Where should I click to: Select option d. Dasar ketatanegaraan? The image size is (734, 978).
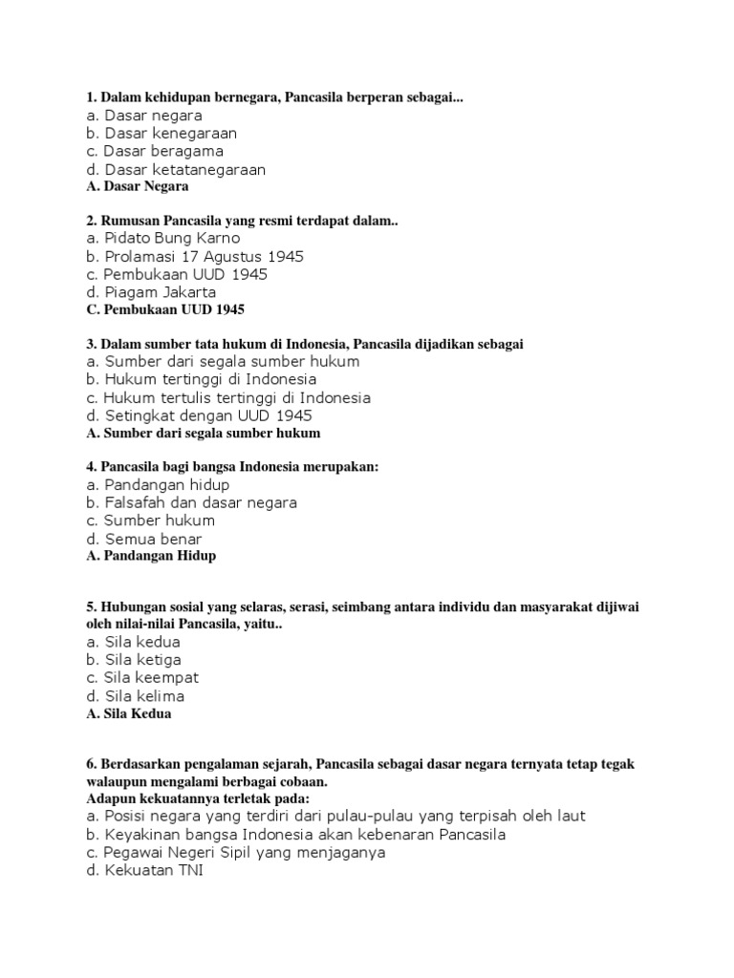(x=175, y=170)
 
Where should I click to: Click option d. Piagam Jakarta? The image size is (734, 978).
(x=151, y=292)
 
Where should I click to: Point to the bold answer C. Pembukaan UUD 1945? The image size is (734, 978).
(x=165, y=309)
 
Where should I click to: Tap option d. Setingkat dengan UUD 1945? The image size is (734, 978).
(x=198, y=415)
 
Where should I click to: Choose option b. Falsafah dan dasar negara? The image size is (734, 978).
(x=191, y=502)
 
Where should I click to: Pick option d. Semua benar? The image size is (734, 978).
(x=143, y=539)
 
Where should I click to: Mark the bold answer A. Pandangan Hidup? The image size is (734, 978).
(x=151, y=555)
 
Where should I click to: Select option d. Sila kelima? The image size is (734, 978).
(x=135, y=696)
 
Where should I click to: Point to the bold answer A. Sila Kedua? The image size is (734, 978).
(x=129, y=712)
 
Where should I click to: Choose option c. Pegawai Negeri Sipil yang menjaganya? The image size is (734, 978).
(x=235, y=853)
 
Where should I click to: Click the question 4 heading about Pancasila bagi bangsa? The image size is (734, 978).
(x=232, y=467)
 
